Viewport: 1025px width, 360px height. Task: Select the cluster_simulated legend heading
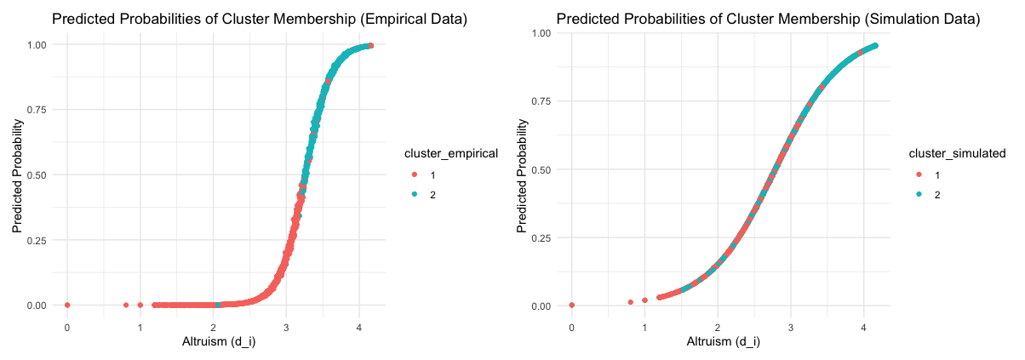(952, 153)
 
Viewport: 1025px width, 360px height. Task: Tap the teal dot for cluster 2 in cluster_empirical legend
(415, 195)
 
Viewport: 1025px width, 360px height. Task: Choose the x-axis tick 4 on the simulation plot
(863, 327)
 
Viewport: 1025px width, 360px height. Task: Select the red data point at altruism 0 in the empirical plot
(67, 305)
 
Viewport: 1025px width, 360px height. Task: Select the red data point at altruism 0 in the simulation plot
(571, 305)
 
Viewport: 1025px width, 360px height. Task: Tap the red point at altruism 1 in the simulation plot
(644, 300)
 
